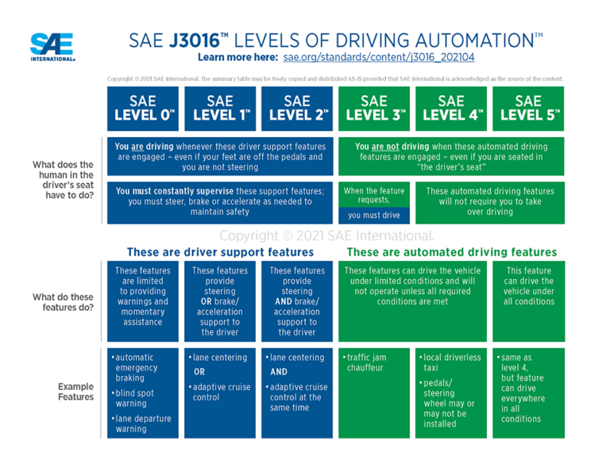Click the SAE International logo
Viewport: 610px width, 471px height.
(x=52, y=47)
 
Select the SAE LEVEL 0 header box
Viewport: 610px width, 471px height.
(x=143, y=109)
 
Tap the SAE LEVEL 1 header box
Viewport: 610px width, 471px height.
(x=220, y=109)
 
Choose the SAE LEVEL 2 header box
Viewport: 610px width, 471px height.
(x=297, y=109)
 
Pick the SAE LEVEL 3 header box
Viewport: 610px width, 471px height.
(x=374, y=109)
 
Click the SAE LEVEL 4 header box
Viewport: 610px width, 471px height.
(x=451, y=109)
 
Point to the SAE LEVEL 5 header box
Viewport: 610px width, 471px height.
(x=528, y=109)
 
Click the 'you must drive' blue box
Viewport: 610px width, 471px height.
(x=374, y=215)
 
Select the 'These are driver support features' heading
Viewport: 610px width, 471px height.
(x=220, y=252)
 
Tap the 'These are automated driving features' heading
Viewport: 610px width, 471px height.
(x=452, y=252)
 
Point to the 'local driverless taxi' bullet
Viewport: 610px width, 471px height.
(x=452, y=362)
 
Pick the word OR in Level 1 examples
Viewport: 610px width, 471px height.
(x=199, y=371)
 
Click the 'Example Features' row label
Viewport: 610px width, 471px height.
(x=75, y=391)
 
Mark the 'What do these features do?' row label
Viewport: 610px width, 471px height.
(x=63, y=302)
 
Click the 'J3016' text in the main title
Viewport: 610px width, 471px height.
(x=195, y=40)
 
